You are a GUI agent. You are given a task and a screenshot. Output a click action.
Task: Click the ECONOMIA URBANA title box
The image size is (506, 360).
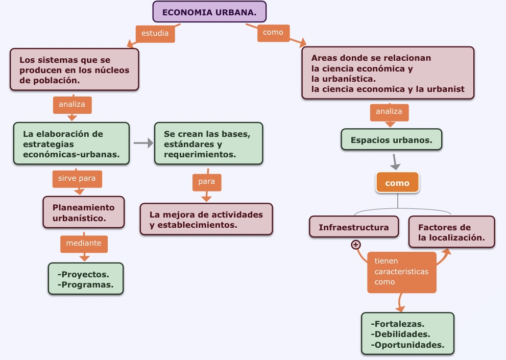coord(209,12)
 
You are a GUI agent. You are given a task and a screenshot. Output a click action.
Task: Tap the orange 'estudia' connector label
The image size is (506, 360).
coord(155,34)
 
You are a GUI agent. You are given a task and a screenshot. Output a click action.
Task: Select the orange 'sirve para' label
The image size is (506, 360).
coord(77,179)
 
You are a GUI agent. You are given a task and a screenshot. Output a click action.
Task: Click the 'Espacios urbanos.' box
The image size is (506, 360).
coord(391,139)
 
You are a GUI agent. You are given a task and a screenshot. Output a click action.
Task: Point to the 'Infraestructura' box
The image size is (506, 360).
coord(354,227)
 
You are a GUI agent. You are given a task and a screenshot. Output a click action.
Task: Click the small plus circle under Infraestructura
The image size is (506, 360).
coord(356,245)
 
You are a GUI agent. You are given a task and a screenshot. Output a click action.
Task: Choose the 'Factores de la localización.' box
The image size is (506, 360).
coord(451,232)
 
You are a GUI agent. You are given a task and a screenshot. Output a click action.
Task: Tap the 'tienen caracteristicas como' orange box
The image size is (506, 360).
coord(401,272)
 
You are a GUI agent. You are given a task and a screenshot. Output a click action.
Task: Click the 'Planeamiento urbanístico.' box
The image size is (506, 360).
coord(84,212)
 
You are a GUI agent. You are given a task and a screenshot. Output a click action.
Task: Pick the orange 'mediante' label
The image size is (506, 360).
coord(84,244)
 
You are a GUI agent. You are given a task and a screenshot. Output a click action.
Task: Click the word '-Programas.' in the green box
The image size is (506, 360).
coord(86,284)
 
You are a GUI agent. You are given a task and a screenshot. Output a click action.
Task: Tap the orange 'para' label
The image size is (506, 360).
coord(207,181)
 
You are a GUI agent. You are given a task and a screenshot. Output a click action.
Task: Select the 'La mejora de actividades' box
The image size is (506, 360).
coord(206,220)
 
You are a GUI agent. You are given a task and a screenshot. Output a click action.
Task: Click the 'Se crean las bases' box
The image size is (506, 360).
coord(208,143)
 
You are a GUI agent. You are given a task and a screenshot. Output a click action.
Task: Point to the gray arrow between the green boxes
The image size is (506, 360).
coord(143,143)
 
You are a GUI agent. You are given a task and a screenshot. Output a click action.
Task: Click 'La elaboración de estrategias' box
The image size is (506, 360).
coord(71,143)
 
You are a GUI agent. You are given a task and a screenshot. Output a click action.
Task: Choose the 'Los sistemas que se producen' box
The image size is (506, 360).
coord(75,70)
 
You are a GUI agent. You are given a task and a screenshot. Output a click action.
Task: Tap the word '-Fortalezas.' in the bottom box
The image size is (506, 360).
coord(399,324)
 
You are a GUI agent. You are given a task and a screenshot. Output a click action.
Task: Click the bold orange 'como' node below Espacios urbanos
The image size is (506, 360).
coord(397,183)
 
